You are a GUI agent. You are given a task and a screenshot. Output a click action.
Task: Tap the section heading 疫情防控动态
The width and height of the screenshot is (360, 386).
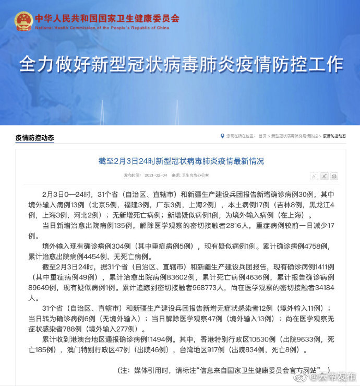point(34,138)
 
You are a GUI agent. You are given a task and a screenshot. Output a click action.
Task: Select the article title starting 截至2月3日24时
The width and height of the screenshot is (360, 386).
point(181,161)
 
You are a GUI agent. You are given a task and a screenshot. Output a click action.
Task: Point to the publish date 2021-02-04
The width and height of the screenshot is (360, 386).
point(155,175)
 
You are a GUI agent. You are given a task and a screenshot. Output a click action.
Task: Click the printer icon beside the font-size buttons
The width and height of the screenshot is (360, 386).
point(334,177)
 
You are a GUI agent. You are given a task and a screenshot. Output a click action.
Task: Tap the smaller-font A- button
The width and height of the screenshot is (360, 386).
point(314,177)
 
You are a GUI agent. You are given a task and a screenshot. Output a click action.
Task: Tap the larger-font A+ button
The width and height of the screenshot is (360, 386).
point(324,177)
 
